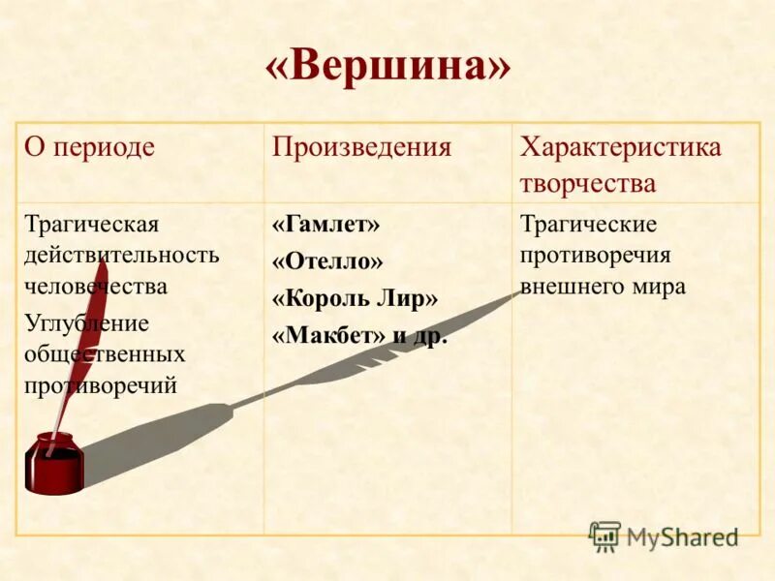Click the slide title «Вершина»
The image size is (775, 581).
[x=387, y=68]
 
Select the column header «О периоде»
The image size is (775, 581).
[x=89, y=147]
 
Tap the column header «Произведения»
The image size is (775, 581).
[x=361, y=147]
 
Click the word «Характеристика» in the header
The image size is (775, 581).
[x=620, y=147]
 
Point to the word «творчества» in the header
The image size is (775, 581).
[x=588, y=184]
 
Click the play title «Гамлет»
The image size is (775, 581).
[x=325, y=225]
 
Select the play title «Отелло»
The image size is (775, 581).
[x=327, y=261]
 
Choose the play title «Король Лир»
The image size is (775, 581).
[x=355, y=298]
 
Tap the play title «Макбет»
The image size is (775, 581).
[x=328, y=335]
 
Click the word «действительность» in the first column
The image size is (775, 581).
[x=122, y=256]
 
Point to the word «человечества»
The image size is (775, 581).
[x=96, y=287]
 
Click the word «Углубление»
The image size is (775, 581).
[x=87, y=322]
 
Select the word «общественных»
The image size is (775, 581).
[x=105, y=354]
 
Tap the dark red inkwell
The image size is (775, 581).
[x=54, y=464]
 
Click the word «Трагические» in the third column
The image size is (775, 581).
[x=588, y=225]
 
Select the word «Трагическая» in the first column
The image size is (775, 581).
[x=91, y=225]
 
